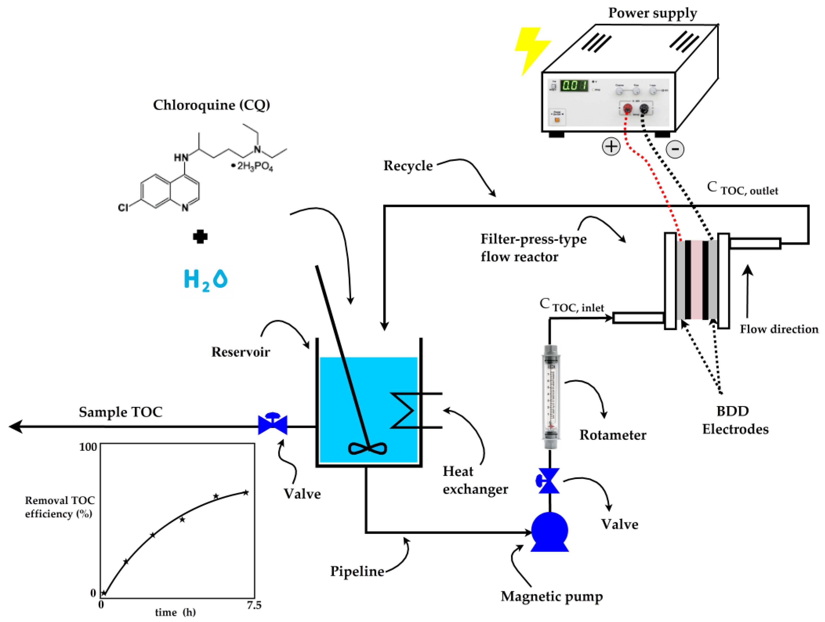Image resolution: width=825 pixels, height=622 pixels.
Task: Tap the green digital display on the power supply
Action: [x=574, y=85]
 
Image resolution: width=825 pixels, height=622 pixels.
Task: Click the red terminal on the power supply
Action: [x=628, y=109]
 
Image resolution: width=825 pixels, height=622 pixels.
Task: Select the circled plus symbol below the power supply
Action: [x=611, y=146]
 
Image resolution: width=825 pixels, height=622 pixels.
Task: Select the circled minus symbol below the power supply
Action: [x=675, y=149]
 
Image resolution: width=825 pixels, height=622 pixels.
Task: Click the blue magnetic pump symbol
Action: [x=549, y=531]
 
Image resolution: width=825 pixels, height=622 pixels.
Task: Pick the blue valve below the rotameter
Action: [x=548, y=481]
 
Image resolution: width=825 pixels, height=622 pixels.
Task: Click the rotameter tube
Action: [x=551, y=397]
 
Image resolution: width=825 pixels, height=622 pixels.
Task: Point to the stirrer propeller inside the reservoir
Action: [x=367, y=448]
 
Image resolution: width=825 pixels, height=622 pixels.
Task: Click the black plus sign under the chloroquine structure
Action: [x=200, y=236]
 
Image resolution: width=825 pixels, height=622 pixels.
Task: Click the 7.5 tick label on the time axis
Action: [x=254, y=606]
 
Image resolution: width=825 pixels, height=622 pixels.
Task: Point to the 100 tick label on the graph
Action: [x=88, y=447]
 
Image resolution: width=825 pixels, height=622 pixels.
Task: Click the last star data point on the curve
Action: [x=246, y=493]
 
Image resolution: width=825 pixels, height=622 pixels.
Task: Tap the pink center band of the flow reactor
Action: [x=696, y=280]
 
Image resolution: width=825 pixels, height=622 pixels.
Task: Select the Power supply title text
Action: [x=652, y=13]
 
